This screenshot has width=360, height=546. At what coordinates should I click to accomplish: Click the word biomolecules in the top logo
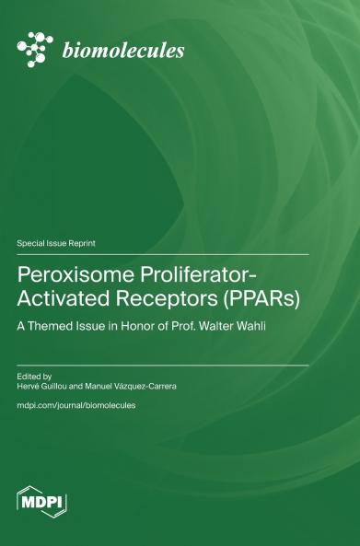[122, 51]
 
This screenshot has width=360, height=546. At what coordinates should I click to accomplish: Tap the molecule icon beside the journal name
[36, 49]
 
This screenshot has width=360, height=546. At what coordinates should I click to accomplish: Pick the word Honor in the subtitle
[169, 326]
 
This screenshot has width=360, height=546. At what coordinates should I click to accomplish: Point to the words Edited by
[35, 376]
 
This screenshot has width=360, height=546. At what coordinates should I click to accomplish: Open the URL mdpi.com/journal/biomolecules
[76, 405]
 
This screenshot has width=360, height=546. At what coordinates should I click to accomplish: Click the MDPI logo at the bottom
[42, 502]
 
